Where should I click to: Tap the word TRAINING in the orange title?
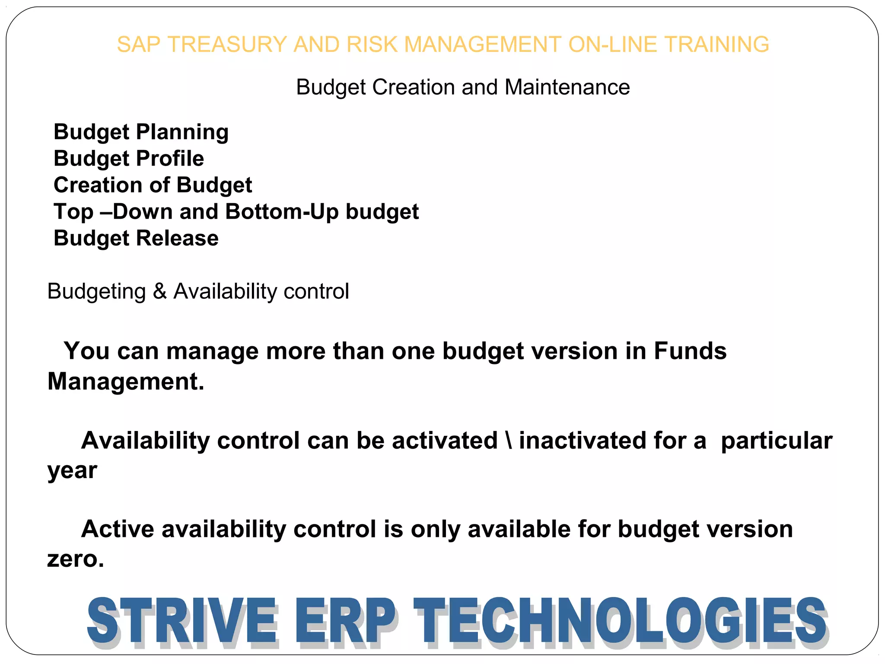pos(716,45)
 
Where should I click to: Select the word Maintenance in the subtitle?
pos(567,87)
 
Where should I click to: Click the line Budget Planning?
pos(141,132)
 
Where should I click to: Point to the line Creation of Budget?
pos(153,185)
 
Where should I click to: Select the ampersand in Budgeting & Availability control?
pos(159,291)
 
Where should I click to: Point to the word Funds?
pos(690,351)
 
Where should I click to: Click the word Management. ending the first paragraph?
pos(125,382)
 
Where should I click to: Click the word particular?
pos(777,441)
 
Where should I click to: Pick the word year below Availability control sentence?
pos(72,471)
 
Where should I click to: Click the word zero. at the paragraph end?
pos(76,559)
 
